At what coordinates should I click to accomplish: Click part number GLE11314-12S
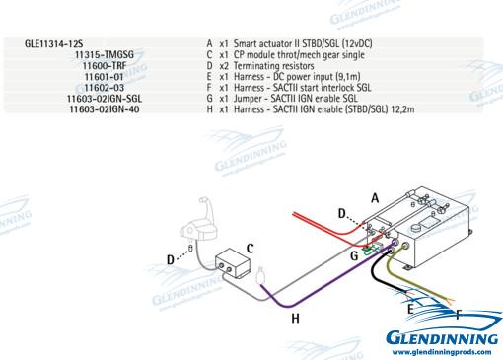[x=53, y=43]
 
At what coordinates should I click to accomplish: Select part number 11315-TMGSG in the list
[x=105, y=54]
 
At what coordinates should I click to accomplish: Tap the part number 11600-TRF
[x=105, y=66]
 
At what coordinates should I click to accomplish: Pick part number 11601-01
[x=105, y=77]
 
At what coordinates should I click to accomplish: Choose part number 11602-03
[x=105, y=88]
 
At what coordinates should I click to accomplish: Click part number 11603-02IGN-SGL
[x=105, y=99]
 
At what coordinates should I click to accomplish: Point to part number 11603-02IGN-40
[x=105, y=109]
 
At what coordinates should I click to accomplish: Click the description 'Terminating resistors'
[x=273, y=66]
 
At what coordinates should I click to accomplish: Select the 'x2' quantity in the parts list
[x=224, y=66]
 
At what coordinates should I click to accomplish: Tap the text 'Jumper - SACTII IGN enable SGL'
[x=296, y=99]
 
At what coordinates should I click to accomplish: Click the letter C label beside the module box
[x=250, y=249]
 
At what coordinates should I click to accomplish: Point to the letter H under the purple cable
[x=295, y=318]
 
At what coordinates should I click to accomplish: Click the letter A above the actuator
[x=375, y=198]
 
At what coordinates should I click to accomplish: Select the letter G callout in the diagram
[x=354, y=255]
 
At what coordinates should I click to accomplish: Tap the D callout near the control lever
[x=171, y=259]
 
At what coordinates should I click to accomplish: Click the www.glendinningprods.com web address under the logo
[x=442, y=352]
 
